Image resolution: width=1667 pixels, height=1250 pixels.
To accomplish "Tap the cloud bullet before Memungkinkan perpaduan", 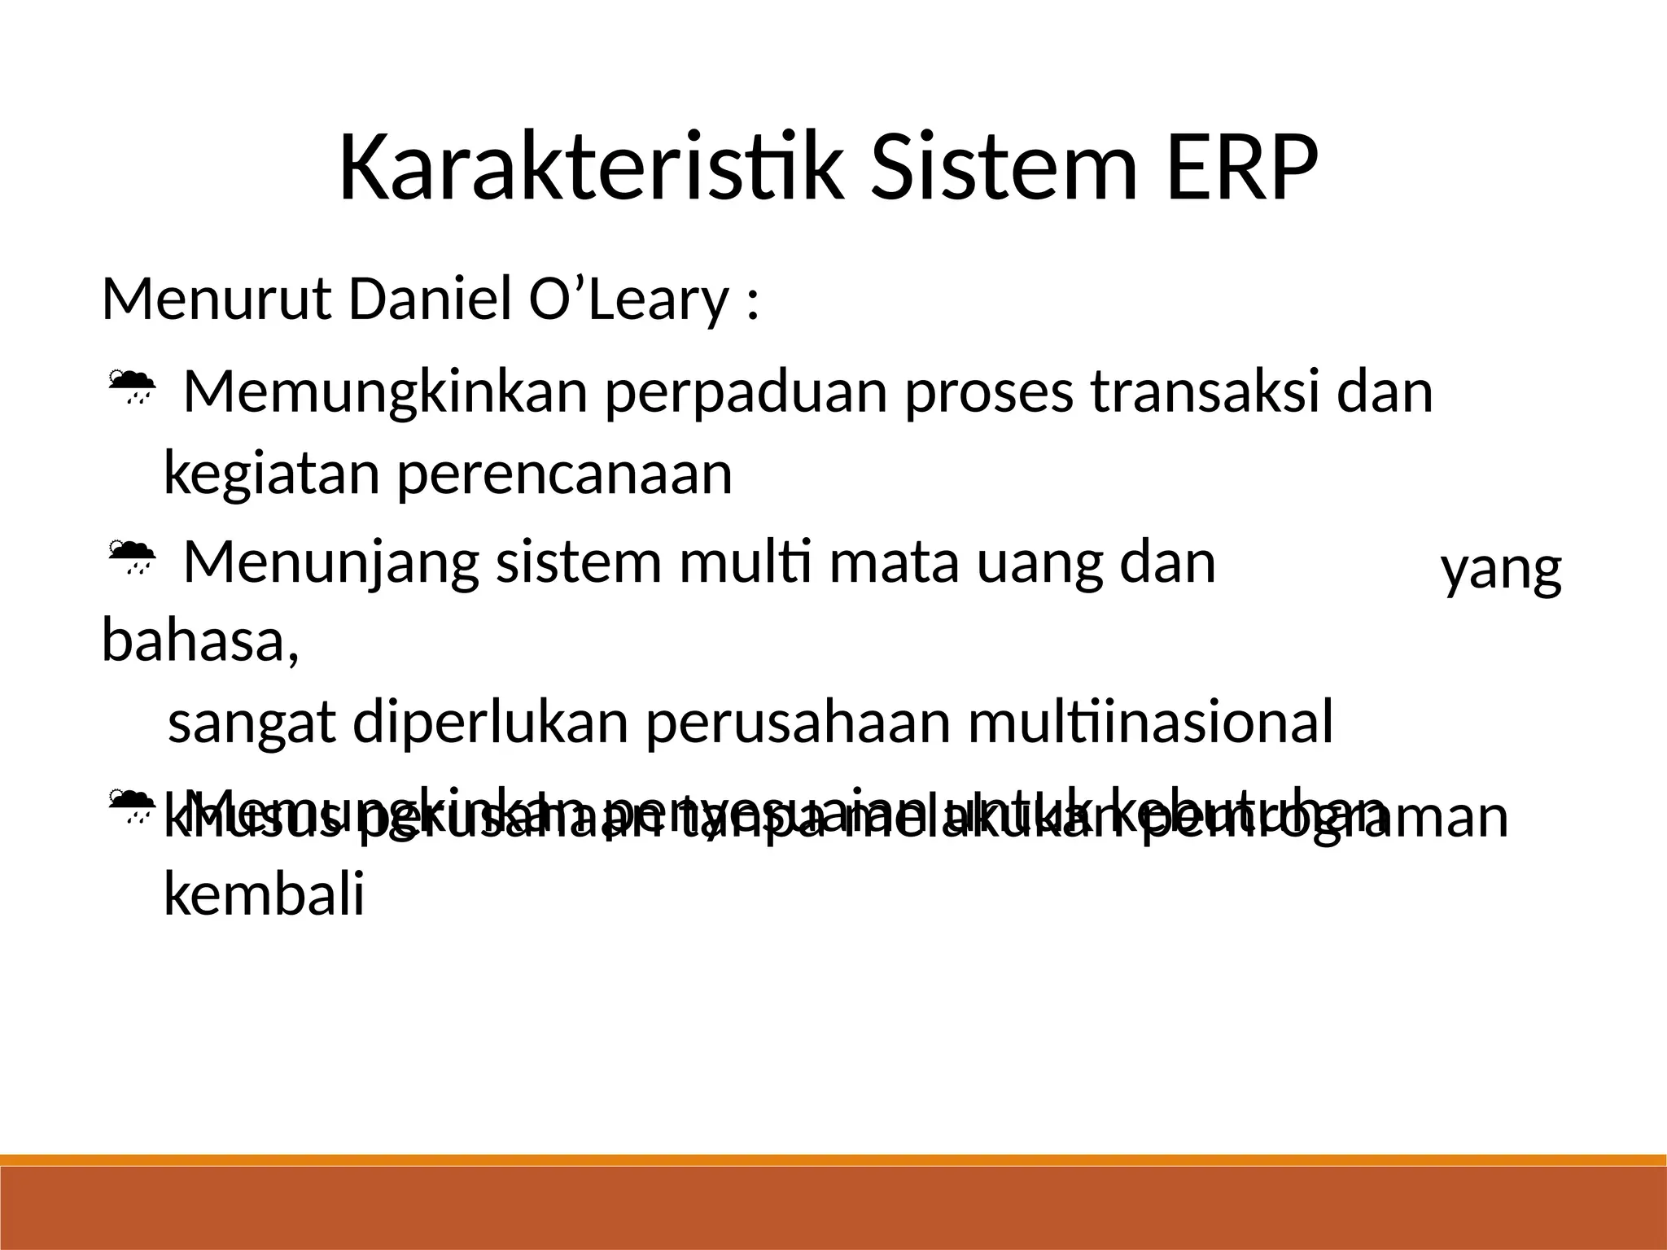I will pyautogui.click(x=131, y=388).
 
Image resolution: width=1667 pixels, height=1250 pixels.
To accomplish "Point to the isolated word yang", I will pyautogui.click(x=1501, y=572).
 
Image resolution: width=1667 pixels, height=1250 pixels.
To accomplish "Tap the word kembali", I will pyautogui.click(x=264, y=895).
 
